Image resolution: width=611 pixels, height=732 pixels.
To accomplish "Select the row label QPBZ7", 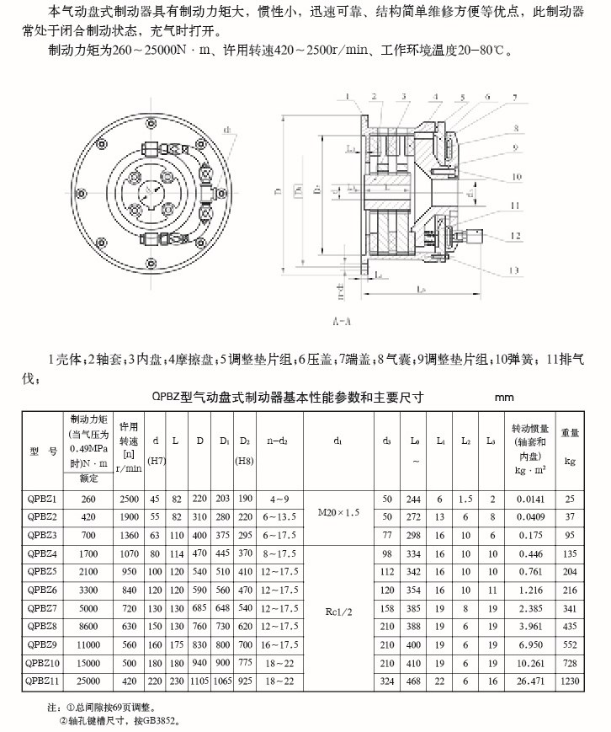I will [42, 606].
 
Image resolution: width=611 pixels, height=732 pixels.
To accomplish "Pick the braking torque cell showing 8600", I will [88, 625].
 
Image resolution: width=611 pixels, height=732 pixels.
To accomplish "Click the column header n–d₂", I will [277, 440].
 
